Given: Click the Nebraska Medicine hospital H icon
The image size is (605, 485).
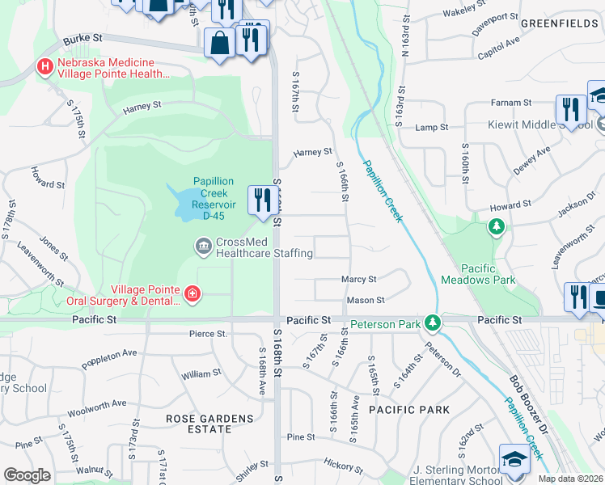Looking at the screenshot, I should (x=44, y=65).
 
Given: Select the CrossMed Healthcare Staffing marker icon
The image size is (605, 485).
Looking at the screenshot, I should (x=203, y=244).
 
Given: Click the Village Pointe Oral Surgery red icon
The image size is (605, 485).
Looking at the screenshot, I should (x=192, y=293).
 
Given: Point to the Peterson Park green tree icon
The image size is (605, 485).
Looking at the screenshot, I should (x=434, y=323).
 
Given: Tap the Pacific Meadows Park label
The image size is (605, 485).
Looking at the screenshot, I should (x=478, y=273).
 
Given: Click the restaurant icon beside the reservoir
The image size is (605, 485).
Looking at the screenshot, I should (x=262, y=200).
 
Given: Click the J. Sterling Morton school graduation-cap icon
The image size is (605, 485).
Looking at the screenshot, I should (x=514, y=459).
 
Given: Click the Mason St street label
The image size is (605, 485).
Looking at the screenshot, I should (x=365, y=300).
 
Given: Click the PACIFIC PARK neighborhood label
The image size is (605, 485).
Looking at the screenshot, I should (x=409, y=410).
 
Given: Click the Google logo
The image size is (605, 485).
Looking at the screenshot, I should (x=27, y=475).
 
